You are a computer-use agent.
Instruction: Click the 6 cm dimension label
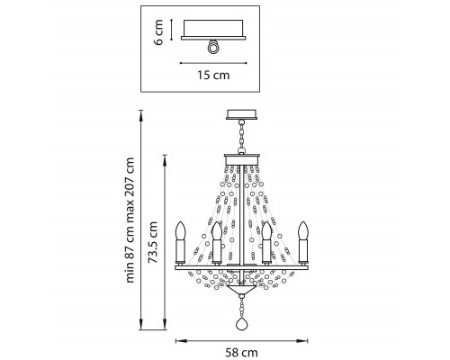158,32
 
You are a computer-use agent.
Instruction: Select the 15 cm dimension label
213,75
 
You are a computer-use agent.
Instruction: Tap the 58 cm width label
241,353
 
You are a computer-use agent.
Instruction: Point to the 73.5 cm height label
153,242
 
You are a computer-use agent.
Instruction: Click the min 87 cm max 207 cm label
130,220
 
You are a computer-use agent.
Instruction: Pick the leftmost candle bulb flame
181,230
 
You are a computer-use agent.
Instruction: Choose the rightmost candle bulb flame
303,230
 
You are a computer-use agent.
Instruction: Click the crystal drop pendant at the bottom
242,324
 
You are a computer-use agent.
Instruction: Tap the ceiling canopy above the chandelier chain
241,114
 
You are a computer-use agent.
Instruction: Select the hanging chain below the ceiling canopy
241,137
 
